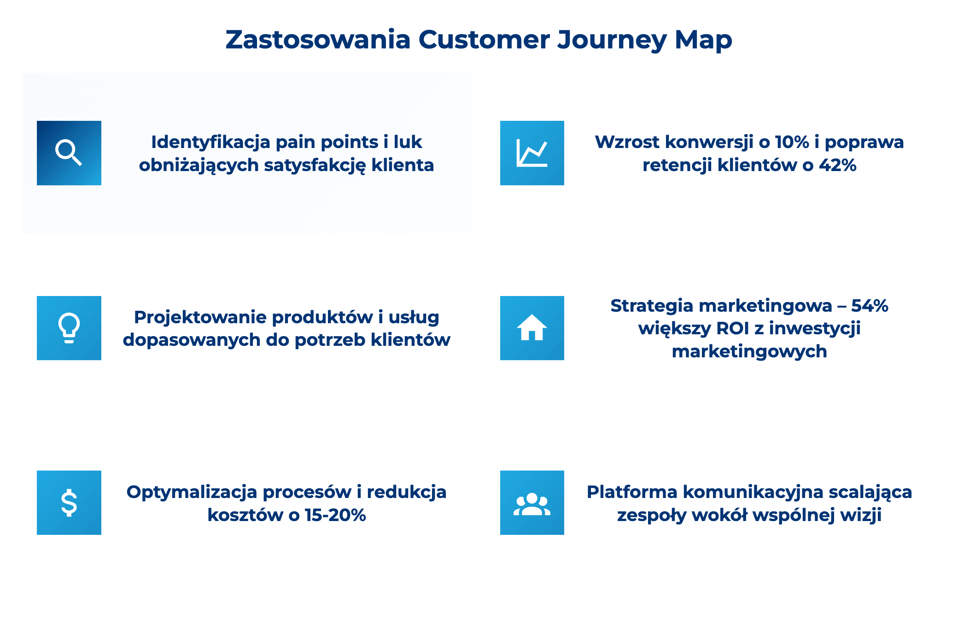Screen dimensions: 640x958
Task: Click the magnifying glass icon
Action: click(69, 153)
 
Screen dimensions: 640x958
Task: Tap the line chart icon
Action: click(532, 153)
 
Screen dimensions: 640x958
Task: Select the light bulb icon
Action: click(69, 328)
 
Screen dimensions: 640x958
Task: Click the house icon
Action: click(532, 328)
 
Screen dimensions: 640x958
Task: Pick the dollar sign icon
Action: click(69, 503)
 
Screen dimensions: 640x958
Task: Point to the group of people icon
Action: click(532, 503)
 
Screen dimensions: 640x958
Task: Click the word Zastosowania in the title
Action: click(317, 40)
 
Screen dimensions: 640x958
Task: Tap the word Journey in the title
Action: click(612, 40)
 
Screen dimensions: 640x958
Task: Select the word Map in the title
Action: click(703, 40)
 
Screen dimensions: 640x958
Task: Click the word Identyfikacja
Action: click(210, 142)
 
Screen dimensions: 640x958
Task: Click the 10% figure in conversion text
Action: click(792, 142)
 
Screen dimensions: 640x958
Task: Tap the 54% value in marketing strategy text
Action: click(870, 306)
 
